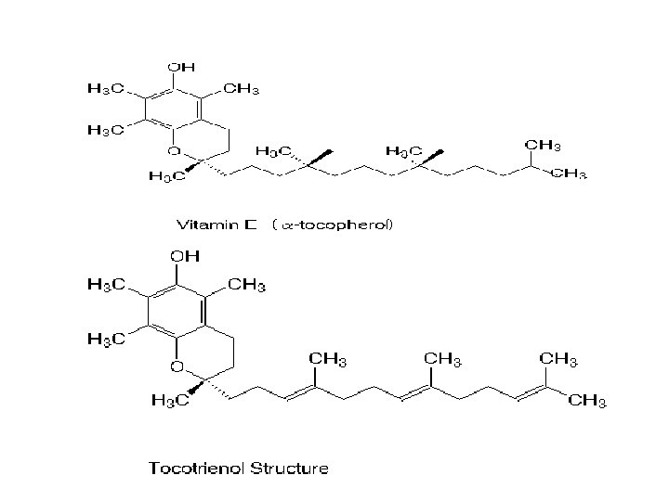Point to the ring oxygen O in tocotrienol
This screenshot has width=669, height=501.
(176, 367)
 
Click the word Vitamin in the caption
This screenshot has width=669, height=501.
(207, 225)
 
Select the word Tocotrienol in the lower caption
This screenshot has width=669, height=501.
(194, 469)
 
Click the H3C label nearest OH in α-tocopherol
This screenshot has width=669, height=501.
(105, 90)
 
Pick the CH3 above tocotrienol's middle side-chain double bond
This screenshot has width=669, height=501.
(445, 358)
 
